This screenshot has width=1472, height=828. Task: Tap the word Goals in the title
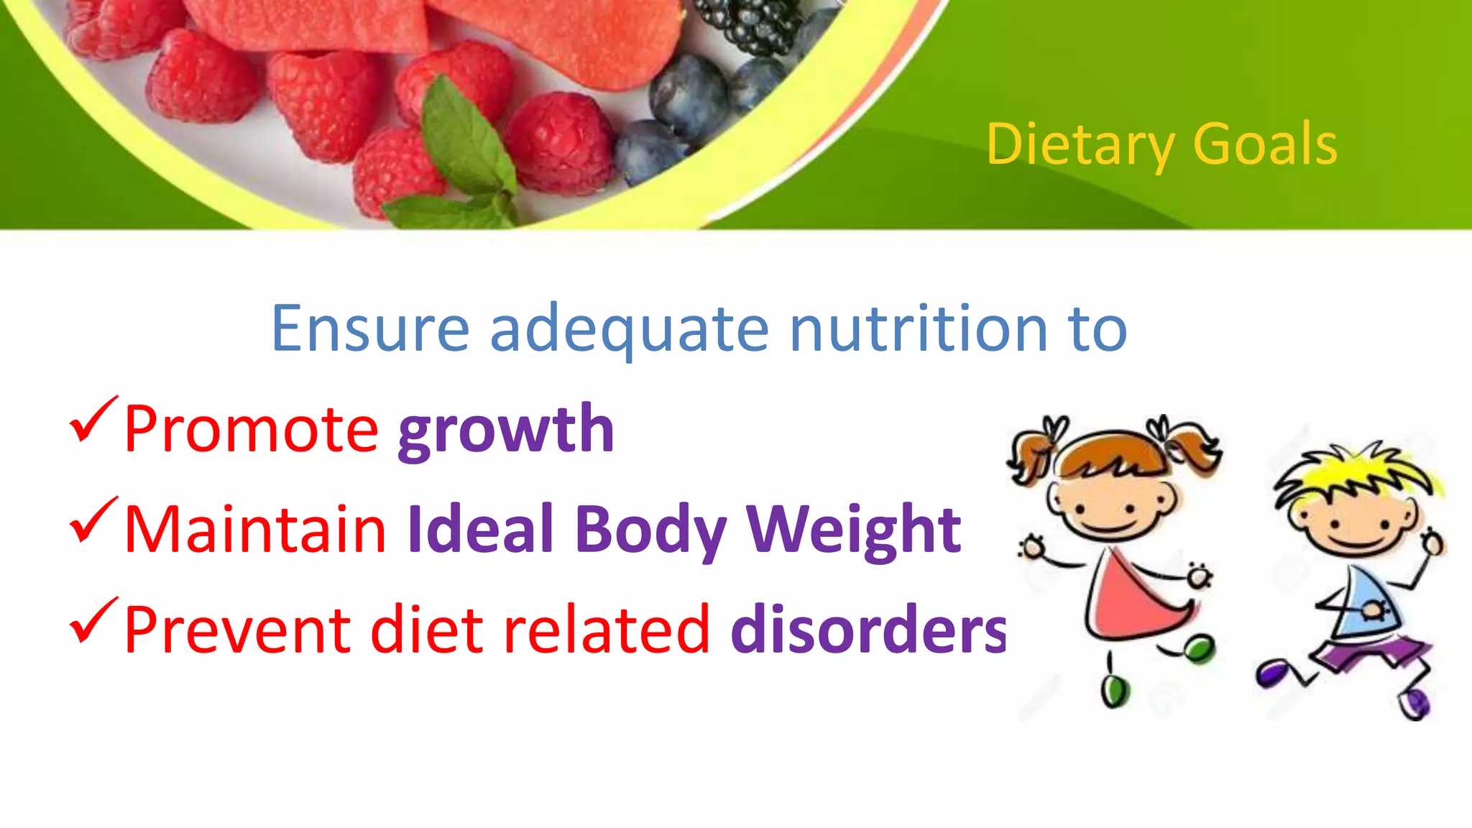coord(1265,145)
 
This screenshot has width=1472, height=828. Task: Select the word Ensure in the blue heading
coord(370,329)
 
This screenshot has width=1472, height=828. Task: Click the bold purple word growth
coord(506,431)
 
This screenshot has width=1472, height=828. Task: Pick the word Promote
coord(251,430)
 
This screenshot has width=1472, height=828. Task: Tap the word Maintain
coord(255,530)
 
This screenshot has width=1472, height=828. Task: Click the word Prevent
coord(237,630)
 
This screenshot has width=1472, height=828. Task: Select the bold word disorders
coord(868,630)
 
